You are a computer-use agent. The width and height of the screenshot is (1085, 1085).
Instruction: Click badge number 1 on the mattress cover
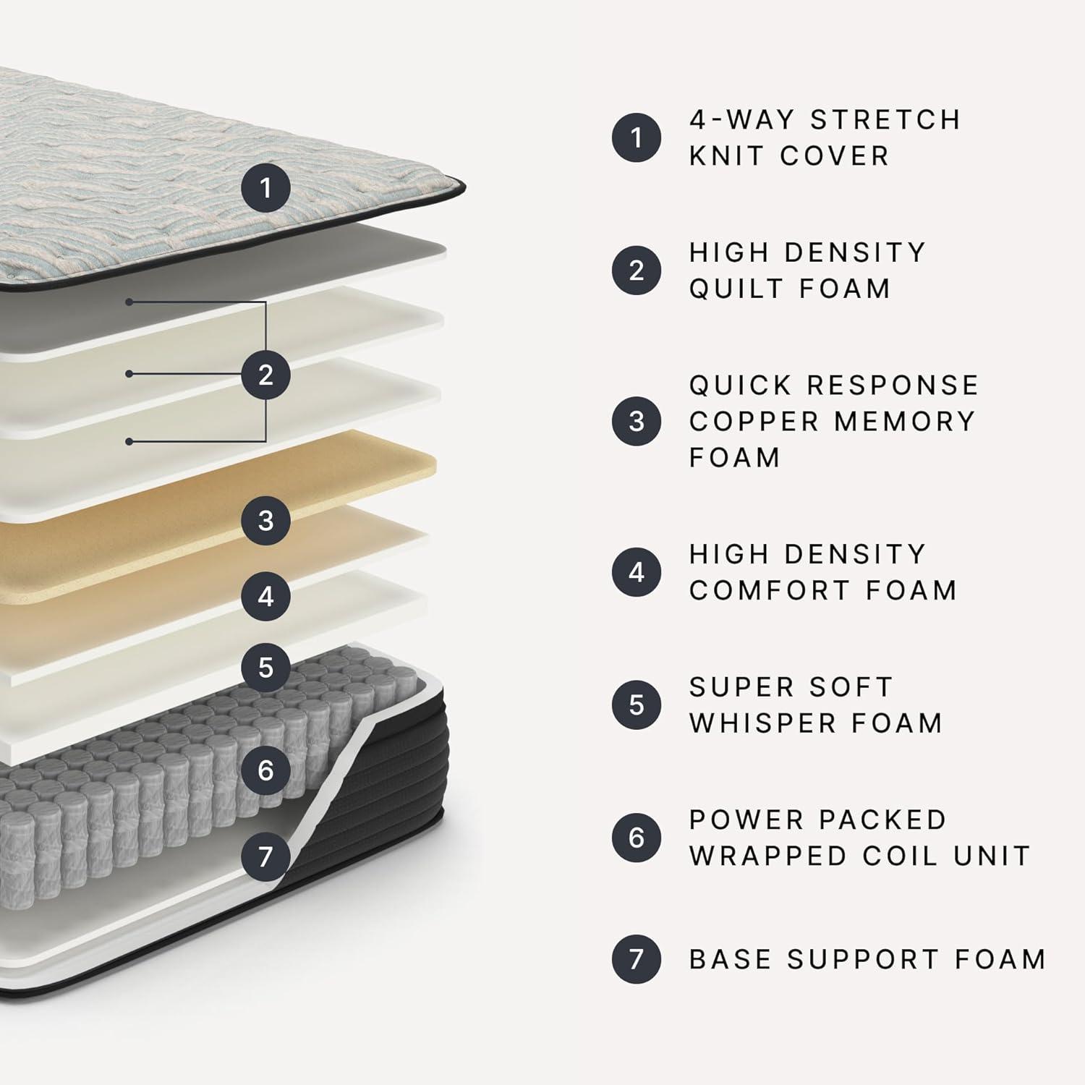(265, 188)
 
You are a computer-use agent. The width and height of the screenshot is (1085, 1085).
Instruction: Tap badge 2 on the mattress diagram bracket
(265, 375)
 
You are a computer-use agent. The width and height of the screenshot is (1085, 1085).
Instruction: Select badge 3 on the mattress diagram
(265, 520)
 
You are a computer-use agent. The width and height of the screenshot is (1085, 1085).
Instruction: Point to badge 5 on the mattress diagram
(265, 667)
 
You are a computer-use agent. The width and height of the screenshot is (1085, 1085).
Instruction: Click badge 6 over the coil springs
(265, 770)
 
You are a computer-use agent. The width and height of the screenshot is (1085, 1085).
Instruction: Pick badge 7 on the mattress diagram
(265, 856)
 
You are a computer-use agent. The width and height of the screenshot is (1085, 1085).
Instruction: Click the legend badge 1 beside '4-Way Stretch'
(637, 137)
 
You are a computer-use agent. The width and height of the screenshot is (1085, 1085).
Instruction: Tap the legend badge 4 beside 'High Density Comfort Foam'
(637, 572)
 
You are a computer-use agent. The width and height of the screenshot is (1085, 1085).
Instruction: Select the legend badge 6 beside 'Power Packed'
(637, 837)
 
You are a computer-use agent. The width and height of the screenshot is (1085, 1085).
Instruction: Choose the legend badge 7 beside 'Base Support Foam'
(637, 959)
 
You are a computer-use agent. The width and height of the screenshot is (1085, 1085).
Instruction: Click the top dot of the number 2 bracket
(129, 302)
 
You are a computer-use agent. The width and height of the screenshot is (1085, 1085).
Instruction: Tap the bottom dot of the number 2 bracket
(129, 441)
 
